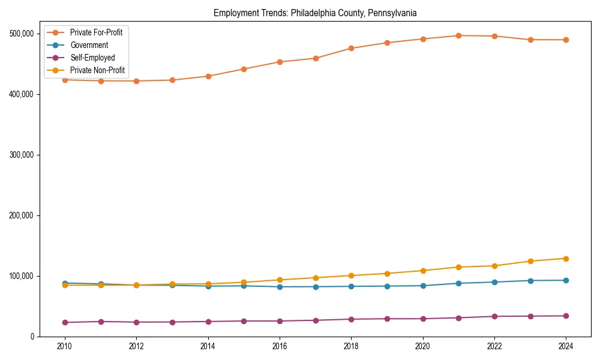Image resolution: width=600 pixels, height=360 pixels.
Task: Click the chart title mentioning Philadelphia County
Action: coord(315,13)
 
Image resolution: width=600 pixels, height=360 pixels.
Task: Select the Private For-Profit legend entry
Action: coord(96,32)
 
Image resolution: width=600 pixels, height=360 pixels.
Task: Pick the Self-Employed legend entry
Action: coord(92,58)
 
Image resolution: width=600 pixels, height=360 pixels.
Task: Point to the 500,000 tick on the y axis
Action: coord(22,34)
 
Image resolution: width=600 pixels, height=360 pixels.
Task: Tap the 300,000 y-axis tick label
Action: coord(22,155)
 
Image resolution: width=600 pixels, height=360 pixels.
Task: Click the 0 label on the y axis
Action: coord(32,337)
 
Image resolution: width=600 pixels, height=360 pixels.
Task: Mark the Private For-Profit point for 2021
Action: coord(458,35)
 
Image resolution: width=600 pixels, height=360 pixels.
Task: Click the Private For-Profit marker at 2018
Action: coord(351,48)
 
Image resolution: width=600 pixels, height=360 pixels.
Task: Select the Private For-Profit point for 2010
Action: coord(65,80)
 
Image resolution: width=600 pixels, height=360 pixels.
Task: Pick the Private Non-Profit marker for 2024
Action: coord(566,259)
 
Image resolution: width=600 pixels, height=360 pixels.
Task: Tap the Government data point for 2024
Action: coord(566,280)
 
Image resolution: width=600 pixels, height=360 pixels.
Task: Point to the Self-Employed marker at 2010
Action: coord(65,323)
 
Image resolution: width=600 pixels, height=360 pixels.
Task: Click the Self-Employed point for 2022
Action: coord(494,316)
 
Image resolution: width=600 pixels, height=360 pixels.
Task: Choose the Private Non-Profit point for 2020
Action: coord(423,271)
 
